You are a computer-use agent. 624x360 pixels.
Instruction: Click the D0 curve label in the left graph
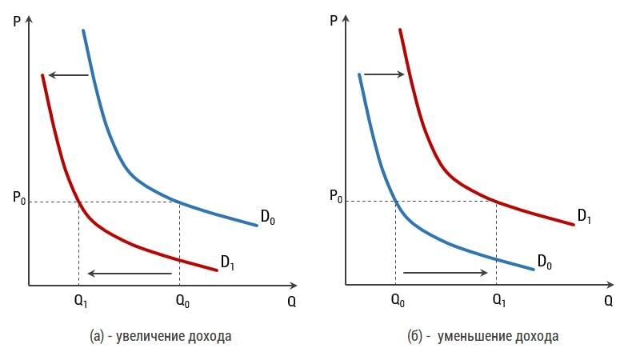(268, 217)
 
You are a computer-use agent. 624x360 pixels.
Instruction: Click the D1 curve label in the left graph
(228, 262)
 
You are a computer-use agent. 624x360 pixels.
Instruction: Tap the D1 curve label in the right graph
(585, 216)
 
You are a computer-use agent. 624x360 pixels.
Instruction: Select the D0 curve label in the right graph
(544, 262)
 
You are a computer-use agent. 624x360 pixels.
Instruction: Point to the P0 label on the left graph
(20, 198)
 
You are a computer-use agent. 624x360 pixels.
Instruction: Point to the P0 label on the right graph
(336, 197)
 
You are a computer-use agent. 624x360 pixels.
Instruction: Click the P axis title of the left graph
(18, 20)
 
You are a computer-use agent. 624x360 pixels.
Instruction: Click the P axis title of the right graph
(334, 20)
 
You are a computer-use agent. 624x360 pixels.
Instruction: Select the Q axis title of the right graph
(608, 302)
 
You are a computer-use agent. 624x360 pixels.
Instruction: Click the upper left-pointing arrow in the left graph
(68, 75)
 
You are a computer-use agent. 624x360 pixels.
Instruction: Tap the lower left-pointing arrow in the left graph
(130, 274)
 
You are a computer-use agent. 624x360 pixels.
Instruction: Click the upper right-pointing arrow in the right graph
(385, 74)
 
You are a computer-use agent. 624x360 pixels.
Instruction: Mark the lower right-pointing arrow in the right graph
(446, 273)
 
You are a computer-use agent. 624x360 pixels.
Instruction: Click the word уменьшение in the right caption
(473, 336)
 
